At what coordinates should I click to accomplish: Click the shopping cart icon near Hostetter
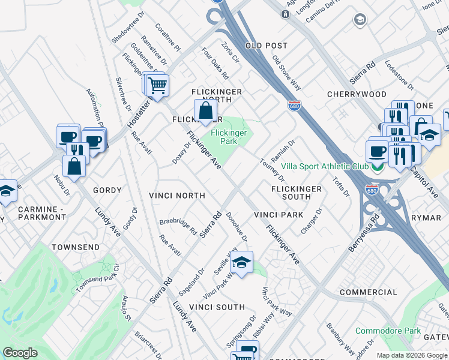[157, 85]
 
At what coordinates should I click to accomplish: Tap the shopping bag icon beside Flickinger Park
[205, 111]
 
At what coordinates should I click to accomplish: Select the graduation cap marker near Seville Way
[241, 263]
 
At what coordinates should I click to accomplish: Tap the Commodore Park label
[387, 331]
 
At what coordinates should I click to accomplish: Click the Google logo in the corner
[20, 353]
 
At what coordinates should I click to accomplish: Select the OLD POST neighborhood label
[267, 46]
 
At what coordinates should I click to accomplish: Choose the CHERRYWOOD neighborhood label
[357, 94]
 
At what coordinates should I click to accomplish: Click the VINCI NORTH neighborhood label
[177, 196]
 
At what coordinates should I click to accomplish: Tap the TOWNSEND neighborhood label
[75, 247]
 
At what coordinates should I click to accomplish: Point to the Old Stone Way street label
[286, 73]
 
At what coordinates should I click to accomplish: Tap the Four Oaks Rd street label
[215, 64]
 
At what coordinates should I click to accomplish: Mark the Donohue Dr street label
[237, 226]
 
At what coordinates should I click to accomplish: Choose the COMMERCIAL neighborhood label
[368, 292]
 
